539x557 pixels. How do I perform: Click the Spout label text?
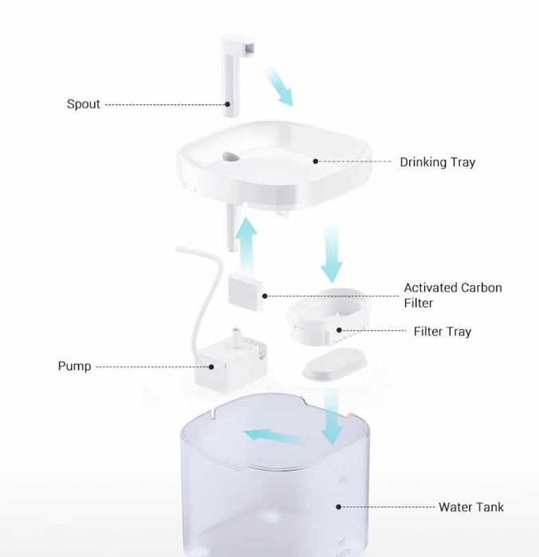[84, 104]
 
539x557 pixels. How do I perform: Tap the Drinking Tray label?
[437, 162]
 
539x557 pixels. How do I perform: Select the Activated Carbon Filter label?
[453, 295]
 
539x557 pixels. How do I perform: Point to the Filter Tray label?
[443, 331]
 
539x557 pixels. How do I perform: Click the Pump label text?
[74, 366]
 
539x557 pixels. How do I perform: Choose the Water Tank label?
[470, 507]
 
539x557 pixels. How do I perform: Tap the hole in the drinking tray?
[230, 157]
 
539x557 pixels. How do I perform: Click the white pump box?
[230, 365]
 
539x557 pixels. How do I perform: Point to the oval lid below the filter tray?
[335, 363]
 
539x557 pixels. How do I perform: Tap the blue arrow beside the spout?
[278, 86]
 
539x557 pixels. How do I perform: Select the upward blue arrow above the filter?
[246, 245]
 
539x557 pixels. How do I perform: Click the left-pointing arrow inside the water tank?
[274, 437]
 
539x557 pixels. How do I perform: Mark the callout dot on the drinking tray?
[316, 161]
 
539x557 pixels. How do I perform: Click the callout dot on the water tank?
[339, 507]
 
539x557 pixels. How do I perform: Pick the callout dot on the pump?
[211, 367]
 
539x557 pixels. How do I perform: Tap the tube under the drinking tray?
[232, 228]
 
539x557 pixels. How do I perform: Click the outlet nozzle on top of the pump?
[235, 335]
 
